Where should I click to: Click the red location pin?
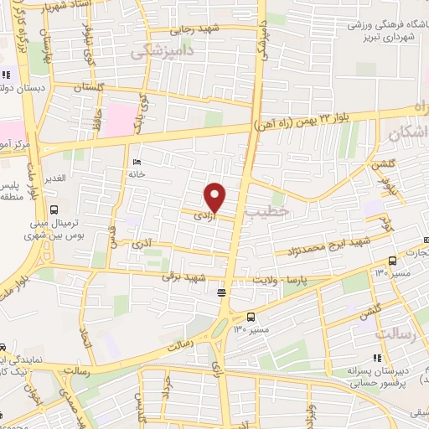pos(215,197)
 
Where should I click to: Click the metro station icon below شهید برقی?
pos(221,292)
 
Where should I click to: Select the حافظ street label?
pos(99,118)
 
